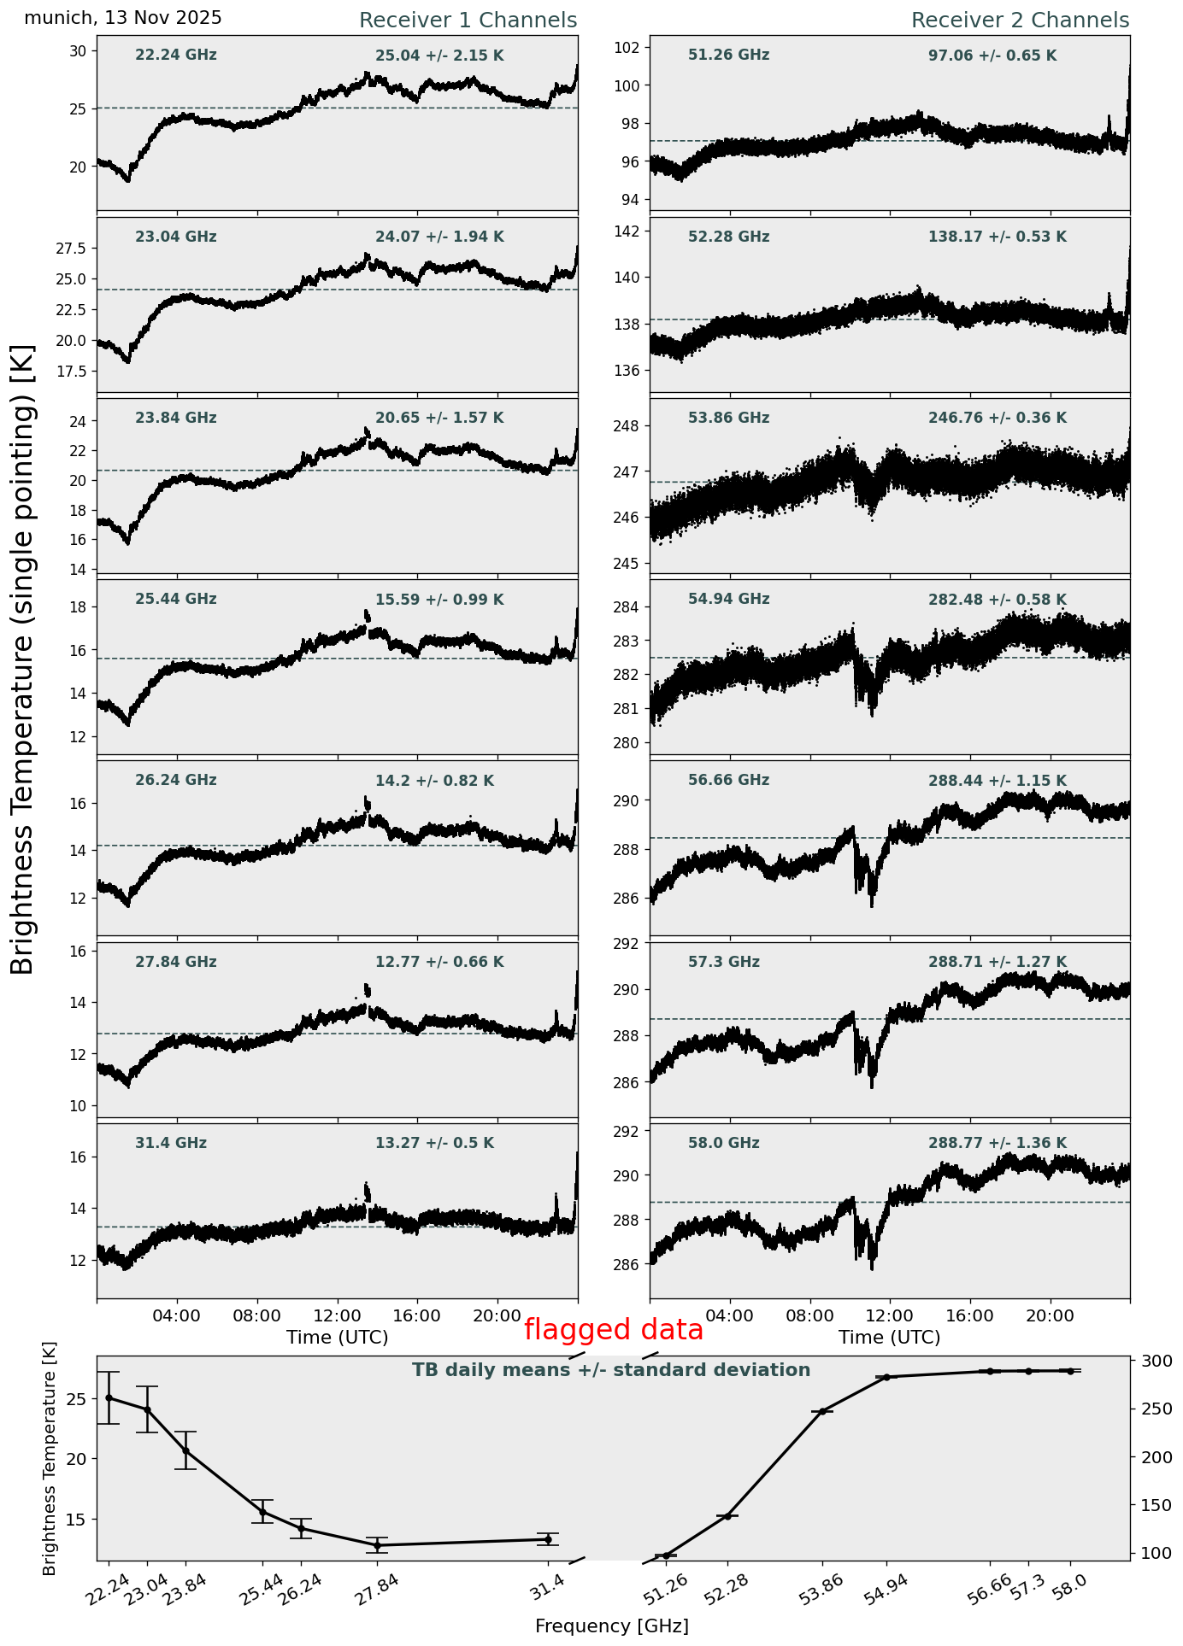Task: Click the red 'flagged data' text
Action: click(x=613, y=1330)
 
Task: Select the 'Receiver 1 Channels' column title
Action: click(x=468, y=21)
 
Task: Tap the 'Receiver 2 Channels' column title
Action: click(x=1020, y=21)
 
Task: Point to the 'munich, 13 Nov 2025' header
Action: click(x=123, y=18)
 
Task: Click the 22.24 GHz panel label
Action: click(x=176, y=56)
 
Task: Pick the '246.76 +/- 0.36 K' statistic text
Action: click(x=997, y=419)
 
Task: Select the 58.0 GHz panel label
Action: click(x=723, y=1143)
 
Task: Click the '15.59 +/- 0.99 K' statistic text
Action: click(x=439, y=600)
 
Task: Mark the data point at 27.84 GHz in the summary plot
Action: click(x=377, y=1545)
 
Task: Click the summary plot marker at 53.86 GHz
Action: click(x=822, y=1412)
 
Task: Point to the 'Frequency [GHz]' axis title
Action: click(x=611, y=1625)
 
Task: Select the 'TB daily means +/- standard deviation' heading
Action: click(x=611, y=1370)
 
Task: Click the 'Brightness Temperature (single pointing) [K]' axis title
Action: click(x=23, y=659)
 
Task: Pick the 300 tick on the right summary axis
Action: click(x=1151, y=1361)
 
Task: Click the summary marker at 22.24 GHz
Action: click(x=109, y=1397)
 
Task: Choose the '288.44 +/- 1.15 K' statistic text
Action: click(x=997, y=781)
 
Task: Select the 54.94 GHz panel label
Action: click(x=728, y=600)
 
